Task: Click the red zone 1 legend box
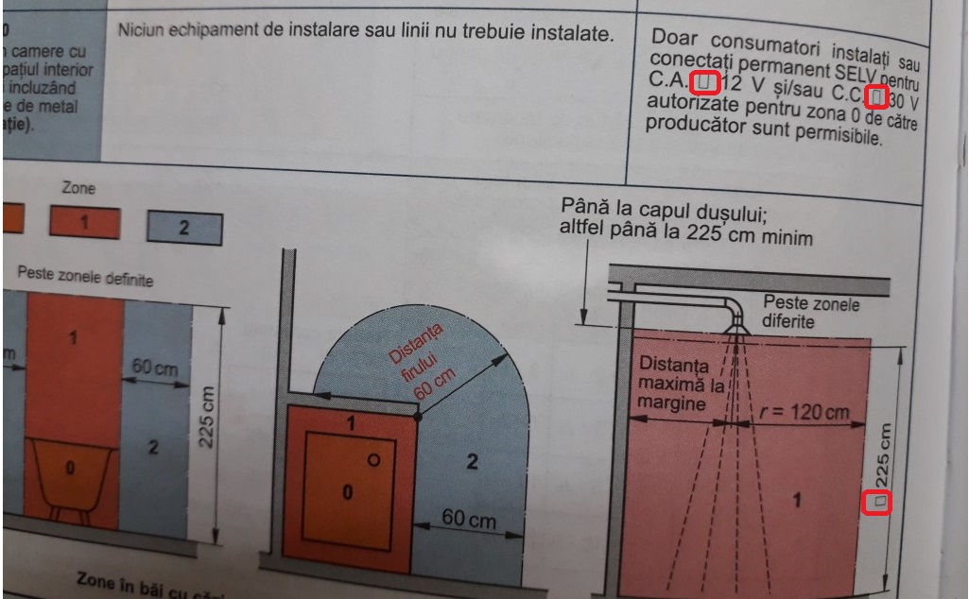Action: pyautogui.click(x=85, y=224)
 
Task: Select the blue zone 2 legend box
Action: pyautogui.click(x=184, y=228)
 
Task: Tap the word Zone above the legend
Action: pyautogui.click(x=78, y=189)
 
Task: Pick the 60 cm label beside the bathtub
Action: pyautogui.click(x=156, y=366)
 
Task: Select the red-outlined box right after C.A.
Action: pyautogui.click(x=705, y=82)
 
